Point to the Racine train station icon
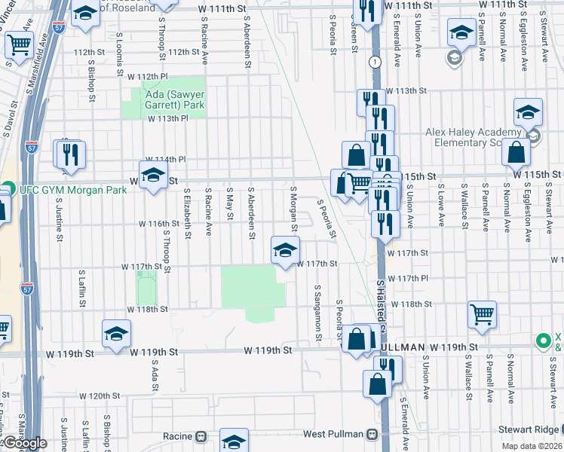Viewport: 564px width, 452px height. click(201, 436)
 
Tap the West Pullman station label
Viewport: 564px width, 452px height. click(334, 435)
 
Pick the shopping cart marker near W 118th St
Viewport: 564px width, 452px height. click(482, 314)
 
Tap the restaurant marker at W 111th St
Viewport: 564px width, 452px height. click(367, 11)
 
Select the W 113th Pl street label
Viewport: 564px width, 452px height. click(150, 118)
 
